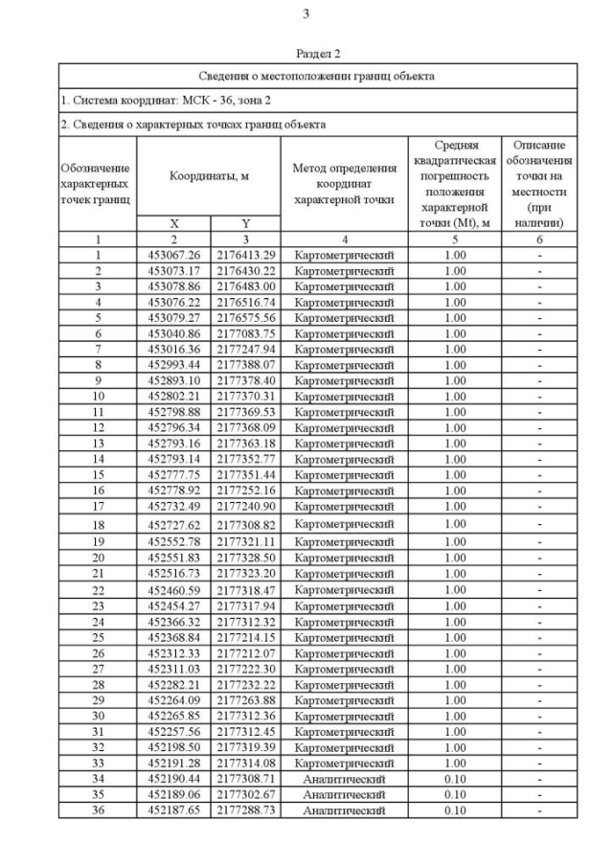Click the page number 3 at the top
pyautogui.click(x=306, y=13)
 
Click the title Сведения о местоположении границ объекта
pyautogui.click(x=317, y=75)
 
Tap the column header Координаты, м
pyautogui.click(x=209, y=176)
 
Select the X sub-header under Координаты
pyautogui.click(x=173, y=222)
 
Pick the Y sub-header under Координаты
pyautogui.click(x=245, y=222)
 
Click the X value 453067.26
pyautogui.click(x=173, y=255)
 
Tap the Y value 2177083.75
pyautogui.click(x=245, y=333)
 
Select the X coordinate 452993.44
pyautogui.click(x=173, y=365)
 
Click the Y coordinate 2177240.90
pyautogui.click(x=245, y=506)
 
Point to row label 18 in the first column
pyautogui.click(x=98, y=525)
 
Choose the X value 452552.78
pyautogui.click(x=173, y=542)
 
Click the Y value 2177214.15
pyautogui.click(x=245, y=637)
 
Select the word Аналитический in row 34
pyautogui.click(x=344, y=779)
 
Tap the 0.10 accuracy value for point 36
pyautogui.click(x=455, y=810)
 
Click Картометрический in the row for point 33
pyautogui.click(x=344, y=764)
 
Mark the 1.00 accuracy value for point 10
pyautogui.click(x=455, y=396)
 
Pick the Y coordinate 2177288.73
pyautogui.click(x=245, y=810)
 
